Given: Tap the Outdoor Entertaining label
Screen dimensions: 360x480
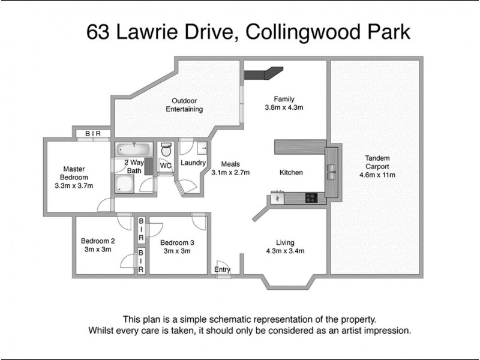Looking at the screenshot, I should [x=184, y=105].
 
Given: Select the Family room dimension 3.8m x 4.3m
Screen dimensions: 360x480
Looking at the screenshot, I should [x=284, y=108].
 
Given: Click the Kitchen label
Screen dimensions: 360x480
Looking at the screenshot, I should [x=291, y=173].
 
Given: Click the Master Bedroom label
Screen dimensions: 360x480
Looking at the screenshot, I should [x=74, y=173].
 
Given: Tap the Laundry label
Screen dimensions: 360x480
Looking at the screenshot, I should [x=193, y=163].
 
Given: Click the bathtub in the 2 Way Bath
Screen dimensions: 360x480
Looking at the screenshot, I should [x=134, y=149].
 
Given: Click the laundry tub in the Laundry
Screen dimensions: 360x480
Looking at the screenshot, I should [x=202, y=147].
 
